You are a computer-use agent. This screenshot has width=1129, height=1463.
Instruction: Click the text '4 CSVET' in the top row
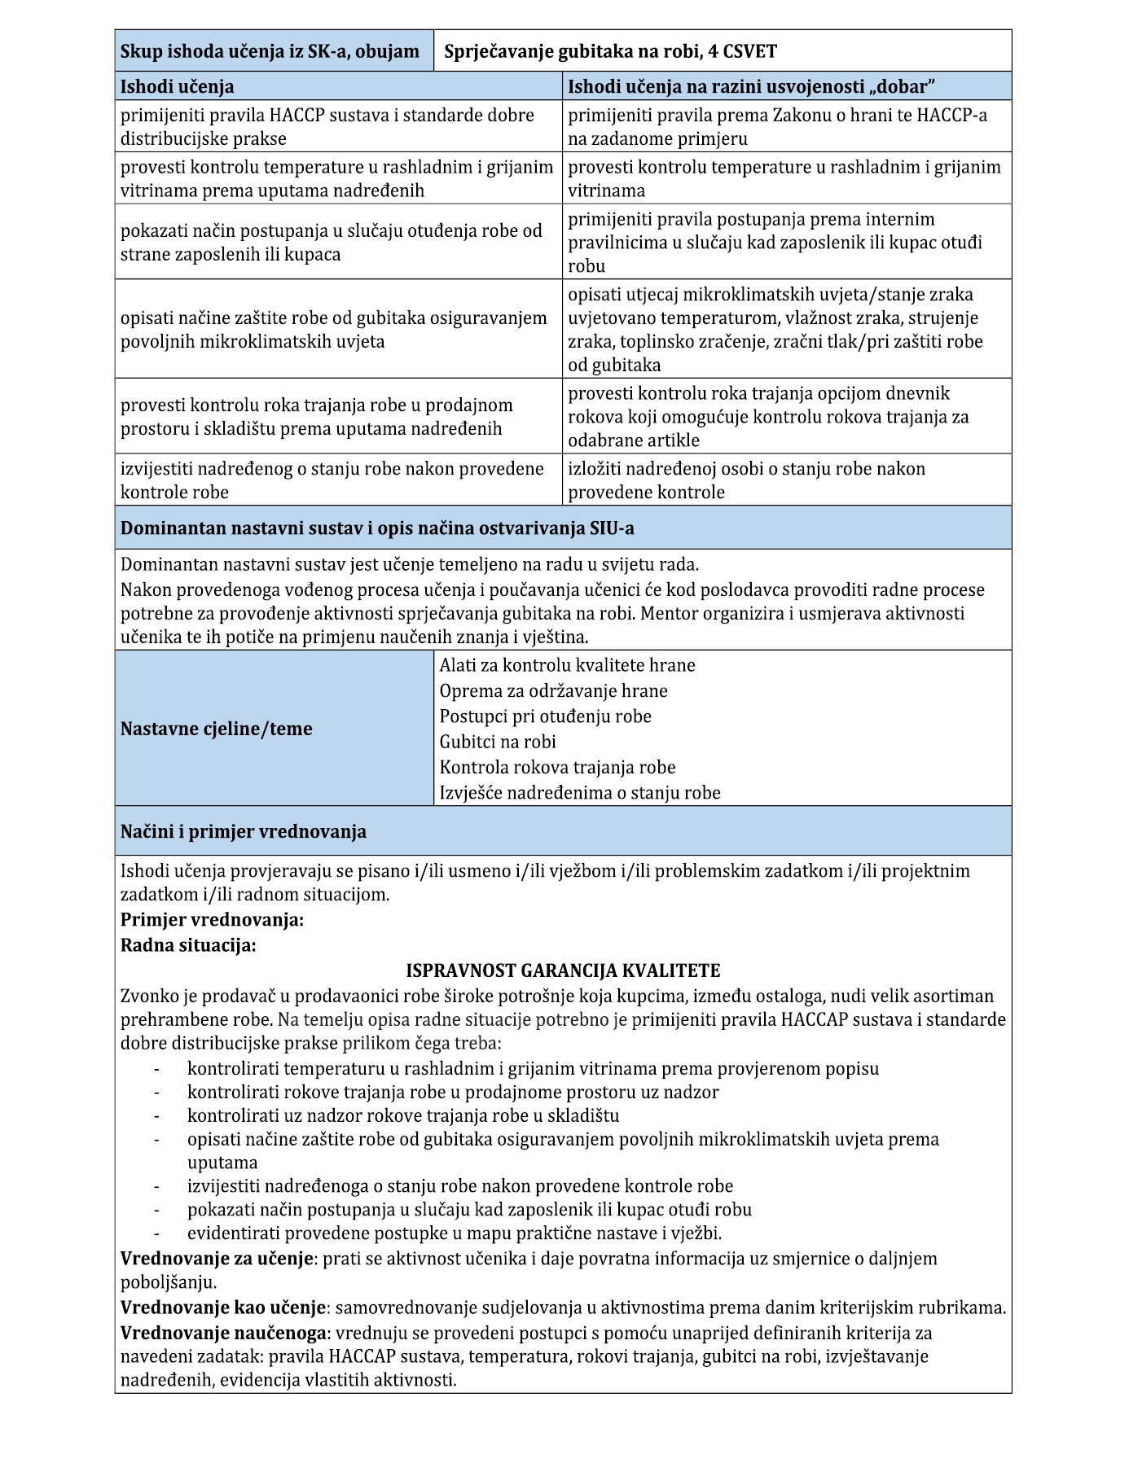[x=743, y=52]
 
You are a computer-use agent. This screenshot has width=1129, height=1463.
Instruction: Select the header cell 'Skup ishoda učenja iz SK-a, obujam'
[x=270, y=52]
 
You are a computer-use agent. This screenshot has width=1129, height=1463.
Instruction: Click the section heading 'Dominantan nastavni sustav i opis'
[x=377, y=528]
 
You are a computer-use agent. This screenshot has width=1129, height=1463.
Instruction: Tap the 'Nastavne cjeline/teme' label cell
[x=217, y=729]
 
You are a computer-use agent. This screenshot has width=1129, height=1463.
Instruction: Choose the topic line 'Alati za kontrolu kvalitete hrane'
[x=567, y=666]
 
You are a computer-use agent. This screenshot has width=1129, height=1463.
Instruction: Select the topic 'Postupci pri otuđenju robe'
[x=545, y=716]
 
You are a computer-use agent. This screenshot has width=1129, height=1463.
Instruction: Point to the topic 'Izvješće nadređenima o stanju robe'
[x=580, y=793]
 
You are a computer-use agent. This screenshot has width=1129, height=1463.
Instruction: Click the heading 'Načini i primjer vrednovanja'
[x=244, y=832]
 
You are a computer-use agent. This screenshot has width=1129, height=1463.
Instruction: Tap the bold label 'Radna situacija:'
[x=188, y=946]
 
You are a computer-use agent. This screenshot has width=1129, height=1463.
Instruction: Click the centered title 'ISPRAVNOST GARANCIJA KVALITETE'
[x=563, y=971]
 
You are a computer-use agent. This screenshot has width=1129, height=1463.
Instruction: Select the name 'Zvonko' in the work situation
[x=147, y=997]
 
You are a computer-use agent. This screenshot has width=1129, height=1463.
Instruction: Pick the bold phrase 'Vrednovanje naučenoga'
[x=224, y=1334]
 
